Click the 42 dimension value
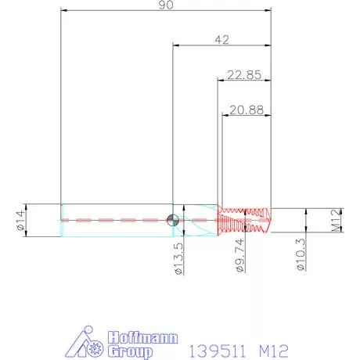pyautogui.click(x=222, y=39)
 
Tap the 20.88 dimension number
pyautogui.click(x=246, y=110)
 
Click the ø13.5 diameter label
pyautogui.click(x=178, y=257)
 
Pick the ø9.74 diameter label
pyautogui.click(x=240, y=256)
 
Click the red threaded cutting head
pyautogui.click(x=245, y=220)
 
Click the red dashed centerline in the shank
pyautogui.click(x=117, y=221)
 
